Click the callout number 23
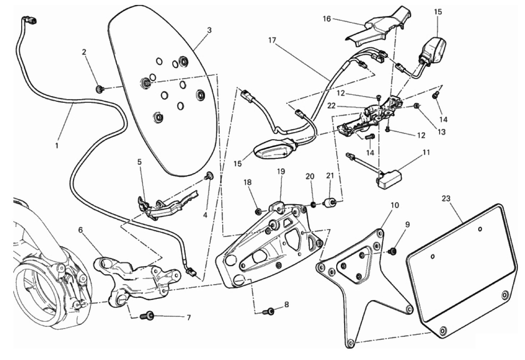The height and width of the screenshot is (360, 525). click(x=446, y=199)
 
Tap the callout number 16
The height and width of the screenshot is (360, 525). click(x=327, y=18)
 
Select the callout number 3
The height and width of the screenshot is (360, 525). click(x=209, y=30)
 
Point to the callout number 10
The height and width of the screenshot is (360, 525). click(x=395, y=205)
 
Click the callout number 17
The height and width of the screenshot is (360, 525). click(x=272, y=40)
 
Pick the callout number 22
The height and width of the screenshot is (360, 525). click(x=332, y=106)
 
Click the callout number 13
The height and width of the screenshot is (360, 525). click(x=441, y=132)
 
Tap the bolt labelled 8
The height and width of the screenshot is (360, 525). click(x=269, y=311)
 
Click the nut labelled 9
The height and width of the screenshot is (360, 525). click(x=394, y=251)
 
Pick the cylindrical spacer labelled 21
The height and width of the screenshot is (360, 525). click(x=330, y=202)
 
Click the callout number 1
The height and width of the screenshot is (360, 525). click(x=56, y=146)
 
